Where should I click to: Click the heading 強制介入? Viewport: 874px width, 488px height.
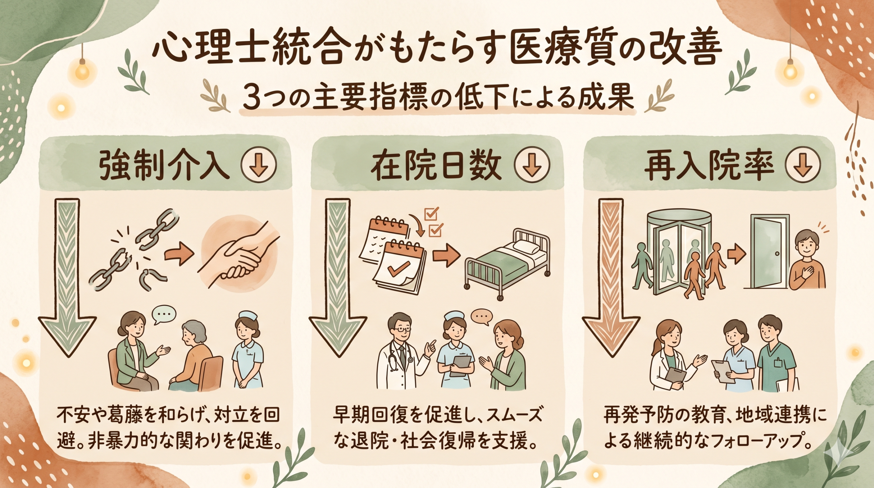[164, 167]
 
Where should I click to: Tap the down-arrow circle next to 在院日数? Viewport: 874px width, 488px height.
[532, 166]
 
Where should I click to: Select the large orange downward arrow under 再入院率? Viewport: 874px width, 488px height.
[611, 273]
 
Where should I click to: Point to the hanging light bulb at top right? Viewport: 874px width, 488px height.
[790, 70]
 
